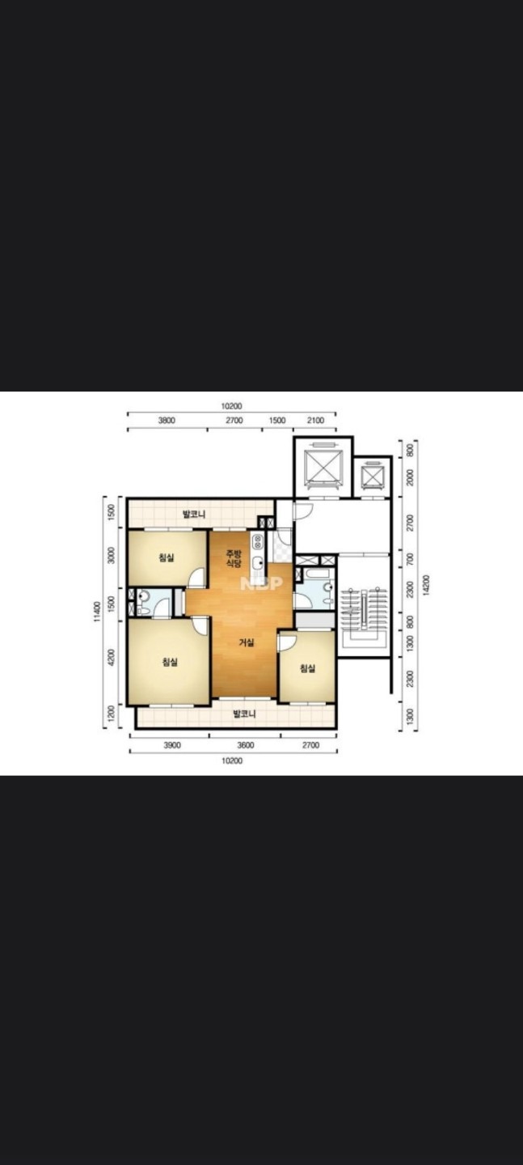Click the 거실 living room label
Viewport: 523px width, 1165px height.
[x=247, y=643]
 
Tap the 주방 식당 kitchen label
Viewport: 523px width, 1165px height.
[x=234, y=558]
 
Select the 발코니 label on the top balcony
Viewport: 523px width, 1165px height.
[x=194, y=515]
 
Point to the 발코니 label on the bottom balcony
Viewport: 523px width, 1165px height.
[x=244, y=714]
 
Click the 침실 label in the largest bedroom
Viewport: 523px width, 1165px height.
[x=170, y=662]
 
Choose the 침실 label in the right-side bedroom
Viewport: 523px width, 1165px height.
[x=308, y=668]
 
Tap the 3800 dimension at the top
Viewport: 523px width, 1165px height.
[x=167, y=420]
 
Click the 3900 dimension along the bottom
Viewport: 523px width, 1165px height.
[x=172, y=745]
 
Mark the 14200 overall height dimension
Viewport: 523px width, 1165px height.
[x=426, y=585]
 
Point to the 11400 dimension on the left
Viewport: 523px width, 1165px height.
[x=97, y=612]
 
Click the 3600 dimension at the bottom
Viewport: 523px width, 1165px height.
[x=246, y=745]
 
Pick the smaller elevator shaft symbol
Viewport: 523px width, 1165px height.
[x=372, y=475]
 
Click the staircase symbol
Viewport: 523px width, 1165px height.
[x=364, y=617]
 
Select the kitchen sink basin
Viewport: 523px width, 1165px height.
[x=257, y=562]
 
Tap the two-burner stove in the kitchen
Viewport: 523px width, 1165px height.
[x=257, y=542]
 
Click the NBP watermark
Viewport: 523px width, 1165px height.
[x=261, y=583]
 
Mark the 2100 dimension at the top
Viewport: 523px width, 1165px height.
[x=315, y=420]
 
